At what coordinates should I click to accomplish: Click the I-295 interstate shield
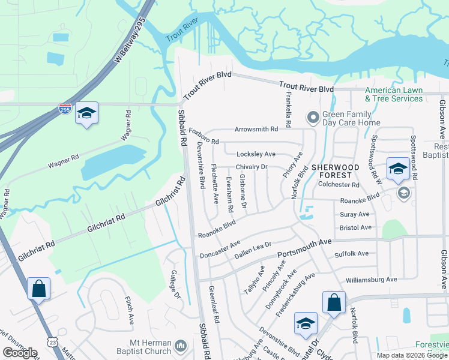point(64,109)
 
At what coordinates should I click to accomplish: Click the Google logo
point(20,353)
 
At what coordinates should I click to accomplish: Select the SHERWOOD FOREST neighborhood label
point(335,172)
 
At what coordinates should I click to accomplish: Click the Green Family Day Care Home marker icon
point(312,118)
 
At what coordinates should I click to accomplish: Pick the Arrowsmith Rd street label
point(256,129)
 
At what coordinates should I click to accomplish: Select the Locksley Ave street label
point(256,154)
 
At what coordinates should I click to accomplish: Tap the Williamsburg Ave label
point(372,280)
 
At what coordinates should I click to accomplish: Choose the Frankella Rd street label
point(288,109)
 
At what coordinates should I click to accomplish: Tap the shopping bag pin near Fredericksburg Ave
point(334,303)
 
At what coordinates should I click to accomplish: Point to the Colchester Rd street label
point(342,185)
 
